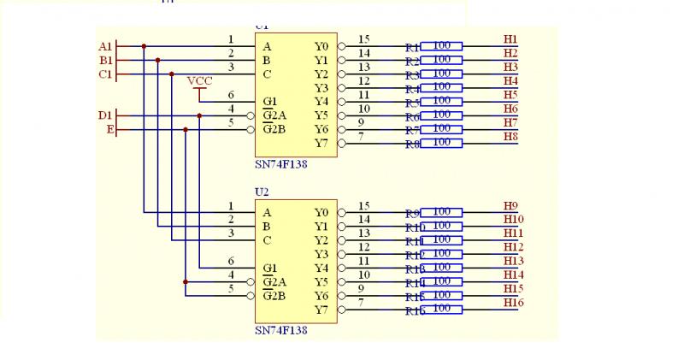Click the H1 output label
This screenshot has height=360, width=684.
[510, 39]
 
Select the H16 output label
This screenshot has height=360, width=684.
[514, 303]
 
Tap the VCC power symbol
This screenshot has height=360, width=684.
[199, 80]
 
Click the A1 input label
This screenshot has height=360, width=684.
[105, 46]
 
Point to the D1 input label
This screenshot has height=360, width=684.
[105, 115]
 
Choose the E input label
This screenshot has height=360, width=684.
[109, 129]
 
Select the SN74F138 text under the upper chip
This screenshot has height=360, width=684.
[280, 164]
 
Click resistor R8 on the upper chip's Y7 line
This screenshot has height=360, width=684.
[442, 143]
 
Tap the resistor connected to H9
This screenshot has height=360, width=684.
[442, 212]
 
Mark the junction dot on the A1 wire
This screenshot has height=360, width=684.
[144, 46]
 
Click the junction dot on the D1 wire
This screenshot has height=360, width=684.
[199, 115]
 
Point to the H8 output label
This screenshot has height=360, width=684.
[510, 137]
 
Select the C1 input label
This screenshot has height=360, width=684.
[105, 74]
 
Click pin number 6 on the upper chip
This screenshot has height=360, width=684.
[231, 95]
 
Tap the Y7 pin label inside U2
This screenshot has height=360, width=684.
[321, 310]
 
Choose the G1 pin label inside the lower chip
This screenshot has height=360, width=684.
[268, 268]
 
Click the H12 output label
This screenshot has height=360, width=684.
[514, 247]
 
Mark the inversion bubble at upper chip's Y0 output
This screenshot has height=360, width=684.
[342, 46]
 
